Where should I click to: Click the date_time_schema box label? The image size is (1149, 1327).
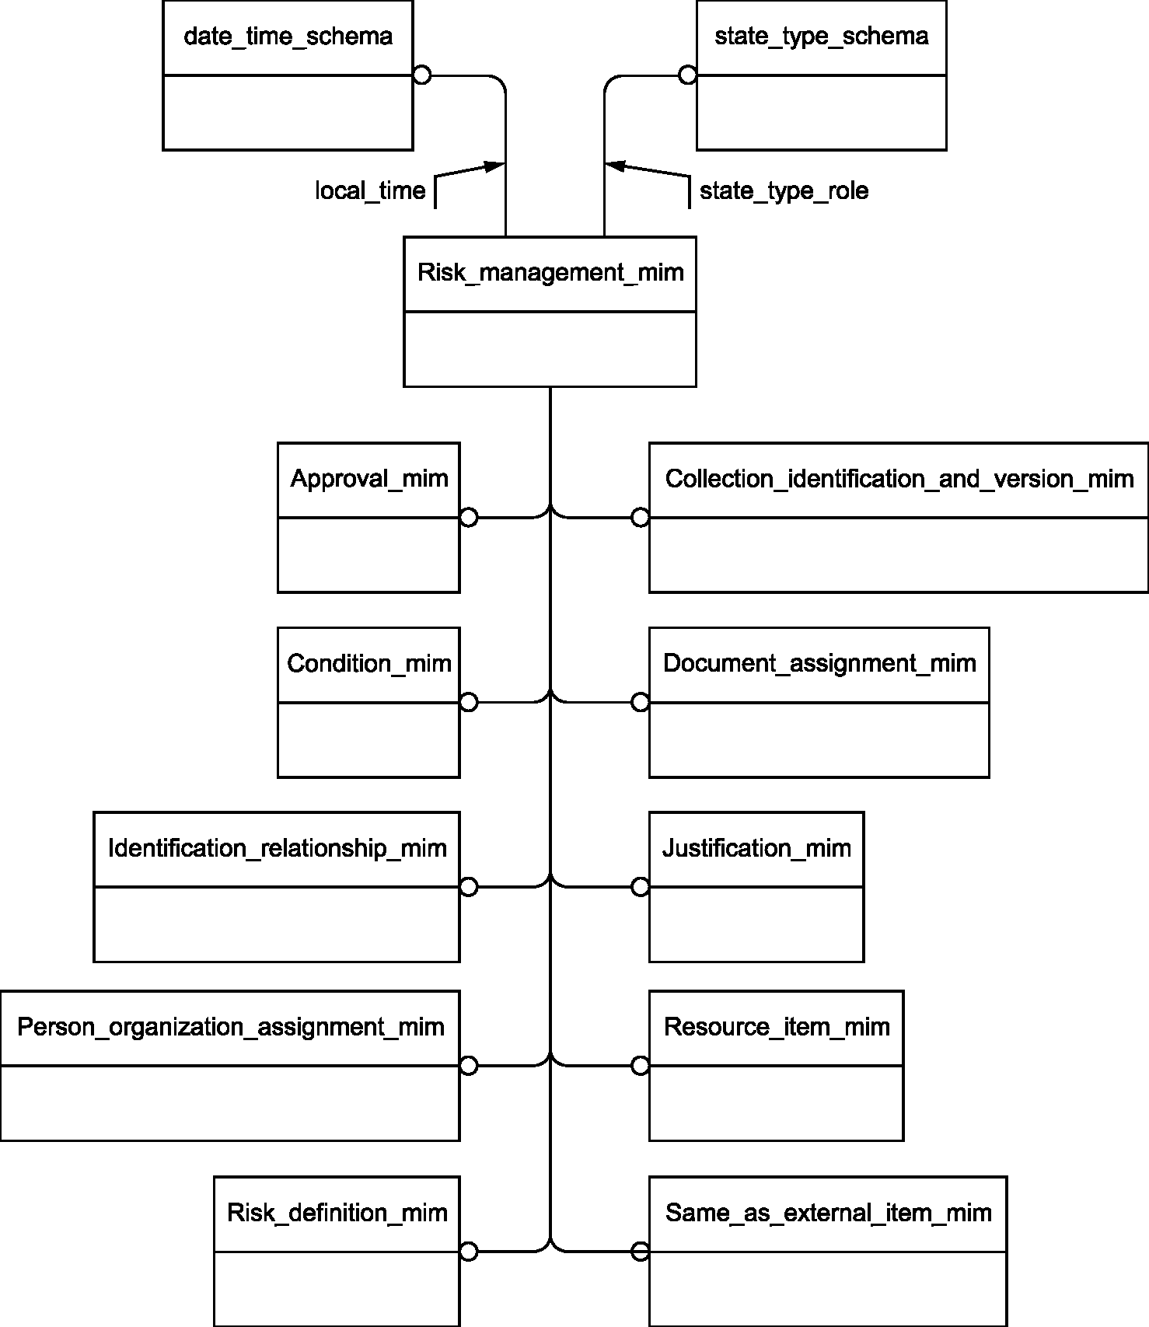[x=288, y=37]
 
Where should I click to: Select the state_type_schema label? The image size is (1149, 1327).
[x=821, y=37]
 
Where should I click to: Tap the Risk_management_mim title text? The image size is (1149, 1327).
[x=550, y=273]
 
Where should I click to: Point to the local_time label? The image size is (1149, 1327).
[x=370, y=191]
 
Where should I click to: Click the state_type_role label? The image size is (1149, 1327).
[x=784, y=191]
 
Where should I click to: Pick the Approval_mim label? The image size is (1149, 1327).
[x=369, y=478]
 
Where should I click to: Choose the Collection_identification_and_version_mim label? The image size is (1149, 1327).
[x=899, y=478]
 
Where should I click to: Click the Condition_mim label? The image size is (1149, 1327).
[x=369, y=663]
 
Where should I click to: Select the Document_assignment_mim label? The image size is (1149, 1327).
[x=819, y=663]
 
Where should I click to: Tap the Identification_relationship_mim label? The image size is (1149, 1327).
[x=278, y=848]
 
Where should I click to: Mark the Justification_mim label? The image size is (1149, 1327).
[x=756, y=848]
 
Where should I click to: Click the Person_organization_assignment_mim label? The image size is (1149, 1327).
[x=231, y=1027]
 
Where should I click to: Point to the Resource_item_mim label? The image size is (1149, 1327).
[x=777, y=1027]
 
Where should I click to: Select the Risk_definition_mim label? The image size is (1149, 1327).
[x=337, y=1213]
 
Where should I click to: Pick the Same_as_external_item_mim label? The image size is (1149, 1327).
[x=829, y=1213]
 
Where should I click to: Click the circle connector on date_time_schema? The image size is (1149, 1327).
[x=421, y=75]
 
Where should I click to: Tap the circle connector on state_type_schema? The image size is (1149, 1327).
[x=688, y=75]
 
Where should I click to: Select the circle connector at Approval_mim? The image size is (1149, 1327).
[x=469, y=518]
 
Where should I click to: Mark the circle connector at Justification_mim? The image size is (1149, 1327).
[x=641, y=887]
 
